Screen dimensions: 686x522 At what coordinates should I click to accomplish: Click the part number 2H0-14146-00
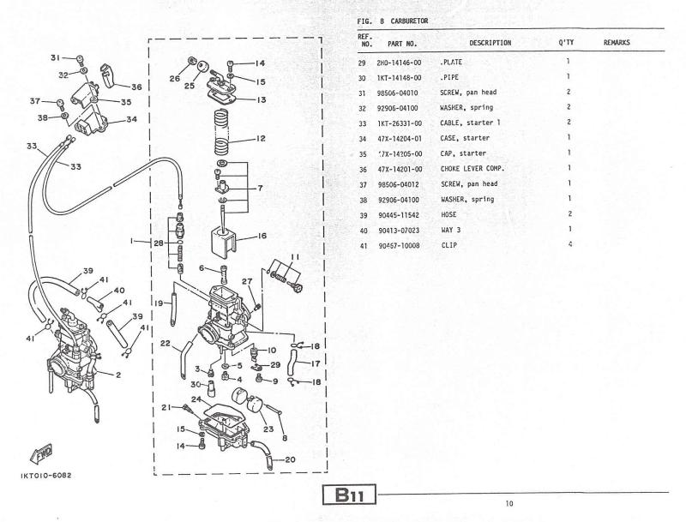(x=399, y=63)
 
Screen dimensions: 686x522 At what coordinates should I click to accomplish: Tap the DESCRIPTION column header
(x=490, y=43)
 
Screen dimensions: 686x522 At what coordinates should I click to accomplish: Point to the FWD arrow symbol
(x=41, y=453)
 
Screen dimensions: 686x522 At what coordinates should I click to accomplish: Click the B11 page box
(x=349, y=495)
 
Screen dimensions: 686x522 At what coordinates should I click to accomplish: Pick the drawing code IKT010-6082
(x=45, y=475)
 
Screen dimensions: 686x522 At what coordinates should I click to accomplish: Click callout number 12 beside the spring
(x=261, y=139)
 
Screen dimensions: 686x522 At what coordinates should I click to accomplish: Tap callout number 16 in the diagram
(x=262, y=236)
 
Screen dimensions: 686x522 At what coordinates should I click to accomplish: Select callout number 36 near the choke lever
(x=136, y=87)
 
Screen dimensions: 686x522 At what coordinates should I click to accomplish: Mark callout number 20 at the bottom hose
(x=290, y=459)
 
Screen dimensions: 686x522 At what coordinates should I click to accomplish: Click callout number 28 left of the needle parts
(x=159, y=243)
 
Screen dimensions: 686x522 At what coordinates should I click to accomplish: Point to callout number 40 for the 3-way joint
(x=119, y=291)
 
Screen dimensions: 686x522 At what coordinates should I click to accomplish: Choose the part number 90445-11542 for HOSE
(x=399, y=215)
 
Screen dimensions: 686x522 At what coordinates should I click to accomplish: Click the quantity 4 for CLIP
(x=570, y=244)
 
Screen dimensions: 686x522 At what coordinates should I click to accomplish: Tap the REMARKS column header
(x=617, y=42)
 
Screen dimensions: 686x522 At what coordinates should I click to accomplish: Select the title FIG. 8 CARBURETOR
(x=393, y=21)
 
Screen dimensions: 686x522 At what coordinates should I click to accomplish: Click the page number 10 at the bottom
(x=509, y=504)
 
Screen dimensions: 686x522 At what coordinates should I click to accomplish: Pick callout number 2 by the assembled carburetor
(x=118, y=375)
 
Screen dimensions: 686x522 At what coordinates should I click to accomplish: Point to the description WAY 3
(x=451, y=230)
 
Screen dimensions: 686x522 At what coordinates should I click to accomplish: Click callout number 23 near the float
(x=268, y=429)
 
